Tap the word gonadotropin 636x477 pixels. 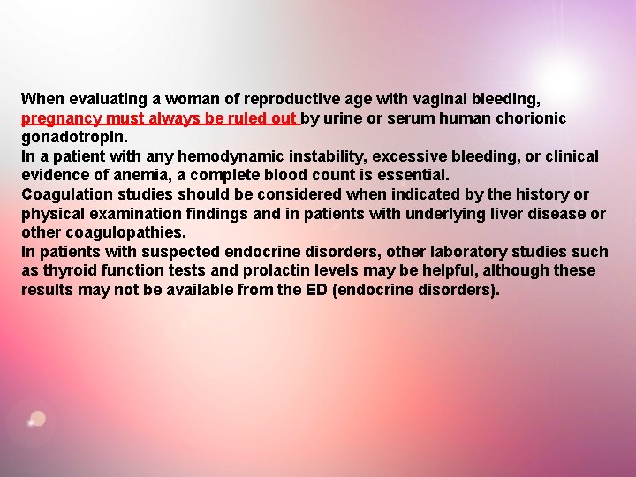pyautogui.click(x=74, y=137)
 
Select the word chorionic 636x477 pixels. pyautogui.click(x=530, y=118)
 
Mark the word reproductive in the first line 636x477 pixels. pyautogui.click(x=289, y=99)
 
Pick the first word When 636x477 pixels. pyautogui.click(x=41, y=99)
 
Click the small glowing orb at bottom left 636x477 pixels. pyautogui.click(x=36, y=419)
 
